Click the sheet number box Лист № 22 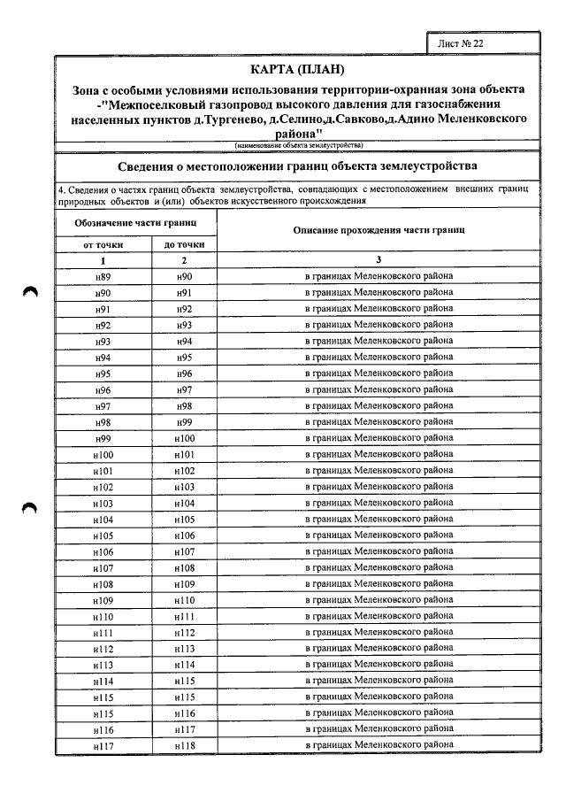pyautogui.click(x=483, y=42)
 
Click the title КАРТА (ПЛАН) pyautogui.click(x=297, y=70)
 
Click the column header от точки pyautogui.click(x=103, y=244)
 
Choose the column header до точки pyautogui.click(x=184, y=244)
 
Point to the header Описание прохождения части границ pyautogui.click(x=379, y=230)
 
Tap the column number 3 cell pyautogui.click(x=379, y=260)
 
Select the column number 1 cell pyautogui.click(x=103, y=260)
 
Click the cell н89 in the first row pyautogui.click(x=103, y=276)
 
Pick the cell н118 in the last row pyautogui.click(x=184, y=746)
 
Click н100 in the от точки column pyautogui.click(x=103, y=454)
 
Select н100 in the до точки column pyautogui.click(x=184, y=438)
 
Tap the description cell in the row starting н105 pyautogui.click(x=379, y=535)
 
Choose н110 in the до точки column pyautogui.click(x=184, y=600)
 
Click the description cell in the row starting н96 pyautogui.click(x=379, y=389)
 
